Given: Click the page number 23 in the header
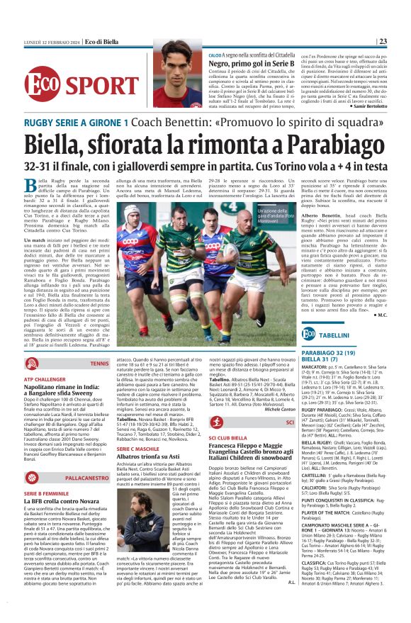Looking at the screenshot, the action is click(402, 41).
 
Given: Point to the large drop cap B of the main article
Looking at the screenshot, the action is click(30, 189).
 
